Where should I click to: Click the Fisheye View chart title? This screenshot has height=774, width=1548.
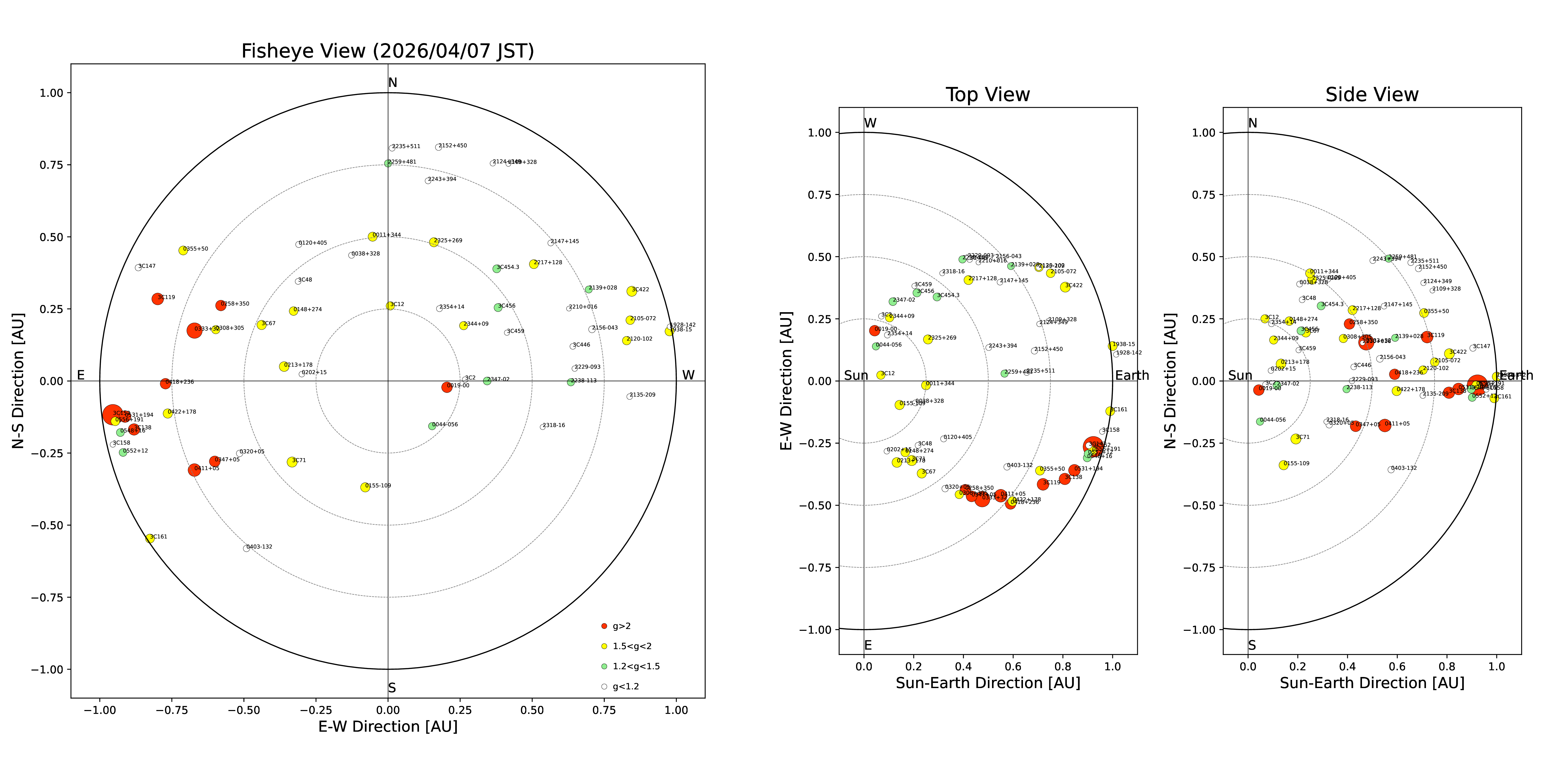[388, 51]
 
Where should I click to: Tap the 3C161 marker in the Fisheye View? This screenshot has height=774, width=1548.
[150, 538]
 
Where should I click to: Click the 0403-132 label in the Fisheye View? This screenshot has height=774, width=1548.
[260, 547]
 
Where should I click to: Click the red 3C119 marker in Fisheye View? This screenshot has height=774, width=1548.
[157, 299]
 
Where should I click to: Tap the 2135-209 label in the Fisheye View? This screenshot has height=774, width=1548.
[643, 395]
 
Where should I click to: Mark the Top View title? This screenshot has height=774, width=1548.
[987, 95]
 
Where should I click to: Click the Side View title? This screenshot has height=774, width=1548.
[1372, 95]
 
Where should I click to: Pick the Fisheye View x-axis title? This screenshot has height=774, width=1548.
[388, 727]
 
